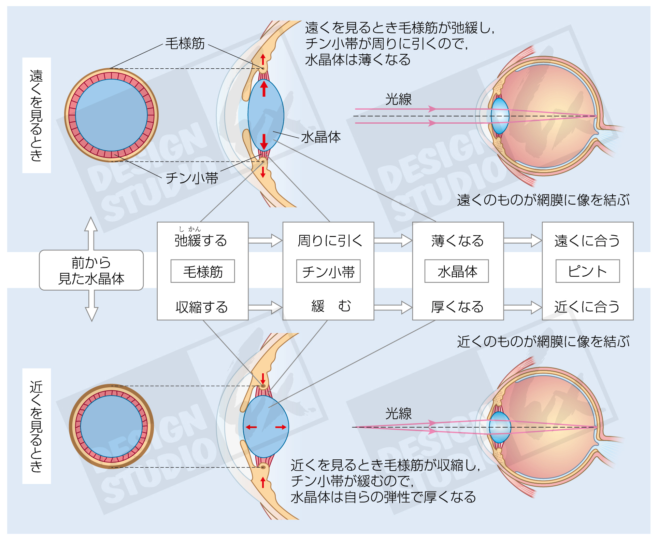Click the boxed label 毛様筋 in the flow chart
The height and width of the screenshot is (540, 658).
click(x=203, y=272)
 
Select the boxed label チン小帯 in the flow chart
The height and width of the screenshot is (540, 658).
click(x=328, y=272)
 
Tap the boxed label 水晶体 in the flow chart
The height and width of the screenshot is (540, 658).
click(x=457, y=272)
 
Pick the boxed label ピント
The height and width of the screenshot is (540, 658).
click(x=587, y=272)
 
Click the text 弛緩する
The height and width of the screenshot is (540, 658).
click(x=201, y=240)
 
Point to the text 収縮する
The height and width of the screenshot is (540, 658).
click(x=202, y=307)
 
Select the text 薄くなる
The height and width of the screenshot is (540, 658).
click(x=457, y=240)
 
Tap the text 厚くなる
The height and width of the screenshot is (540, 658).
click(x=457, y=307)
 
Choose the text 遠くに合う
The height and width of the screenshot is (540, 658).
click(x=587, y=240)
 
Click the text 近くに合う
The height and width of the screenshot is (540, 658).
click(x=587, y=307)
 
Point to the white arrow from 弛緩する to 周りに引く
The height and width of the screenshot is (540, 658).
click(x=265, y=240)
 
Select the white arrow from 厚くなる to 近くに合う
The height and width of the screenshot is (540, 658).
click(x=522, y=307)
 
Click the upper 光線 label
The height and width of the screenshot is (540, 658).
click(x=398, y=99)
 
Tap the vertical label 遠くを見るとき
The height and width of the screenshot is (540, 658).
click(x=36, y=115)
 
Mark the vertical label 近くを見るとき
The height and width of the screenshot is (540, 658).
click(x=36, y=426)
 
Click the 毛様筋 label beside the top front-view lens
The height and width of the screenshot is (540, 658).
click(x=185, y=43)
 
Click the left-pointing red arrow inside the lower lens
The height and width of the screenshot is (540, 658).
click(x=251, y=427)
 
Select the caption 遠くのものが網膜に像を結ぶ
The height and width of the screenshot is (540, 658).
click(x=543, y=200)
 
